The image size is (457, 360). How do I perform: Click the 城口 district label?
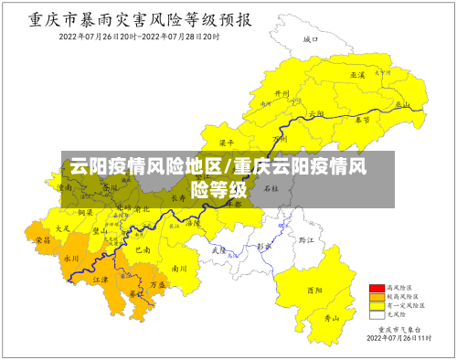311,39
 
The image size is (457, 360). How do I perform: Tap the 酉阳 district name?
314,290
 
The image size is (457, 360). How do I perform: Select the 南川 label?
179,269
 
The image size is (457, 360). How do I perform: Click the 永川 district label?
71,259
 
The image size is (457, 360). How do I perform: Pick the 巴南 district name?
143,249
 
